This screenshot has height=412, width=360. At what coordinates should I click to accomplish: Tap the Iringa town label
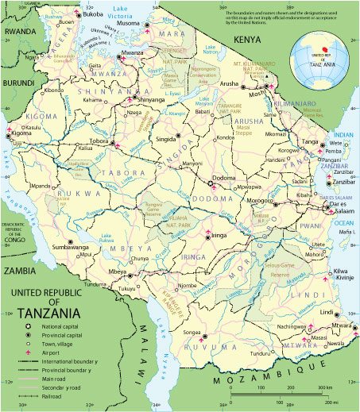point(222,236)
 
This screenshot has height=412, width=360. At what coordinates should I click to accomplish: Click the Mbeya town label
point(117,271)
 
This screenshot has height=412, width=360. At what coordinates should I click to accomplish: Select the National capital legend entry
point(67,327)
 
